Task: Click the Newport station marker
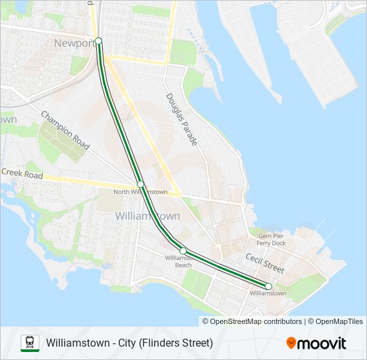point(99,41)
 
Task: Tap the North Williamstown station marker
point(141,184)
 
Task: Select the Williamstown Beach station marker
point(183,251)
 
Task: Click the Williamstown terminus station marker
point(268,286)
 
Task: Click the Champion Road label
point(65,129)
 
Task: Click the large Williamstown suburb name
point(147,216)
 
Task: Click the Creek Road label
point(21,175)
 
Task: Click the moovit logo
point(316,343)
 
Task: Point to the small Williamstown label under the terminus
point(268,293)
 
